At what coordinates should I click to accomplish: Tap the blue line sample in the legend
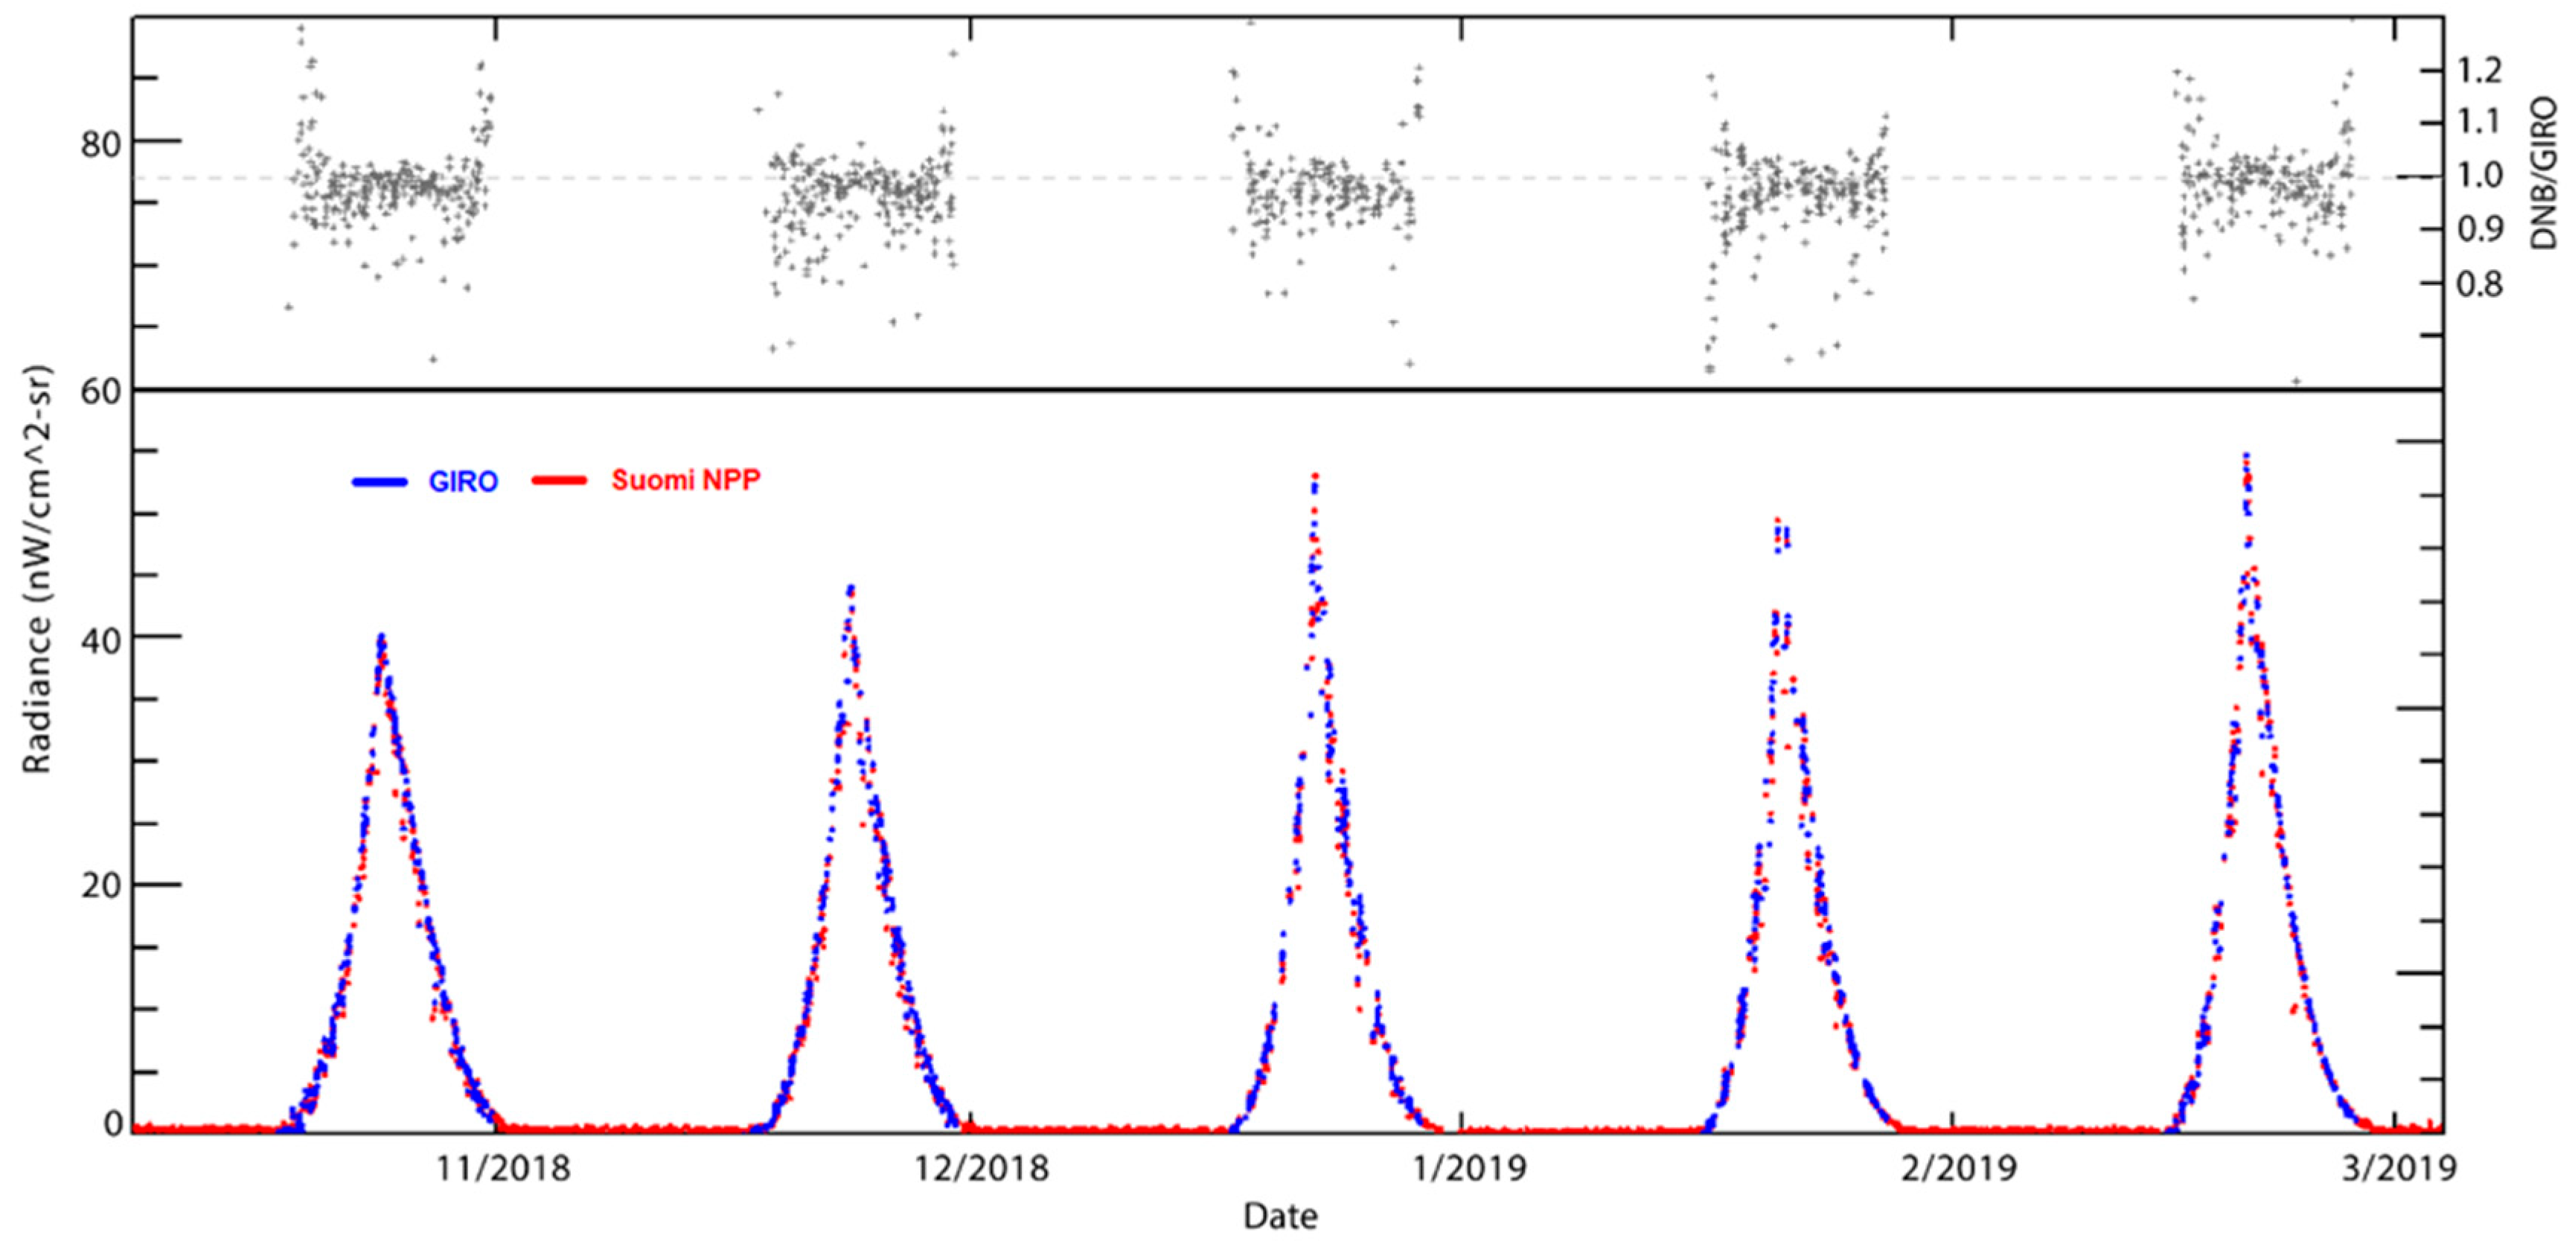point(380,482)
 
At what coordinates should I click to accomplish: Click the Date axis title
point(1280,1216)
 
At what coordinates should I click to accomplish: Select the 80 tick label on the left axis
point(100,143)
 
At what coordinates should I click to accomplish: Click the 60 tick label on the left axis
point(100,391)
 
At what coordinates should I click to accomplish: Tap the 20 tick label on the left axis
point(100,885)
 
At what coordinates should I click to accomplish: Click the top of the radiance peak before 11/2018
point(380,637)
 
